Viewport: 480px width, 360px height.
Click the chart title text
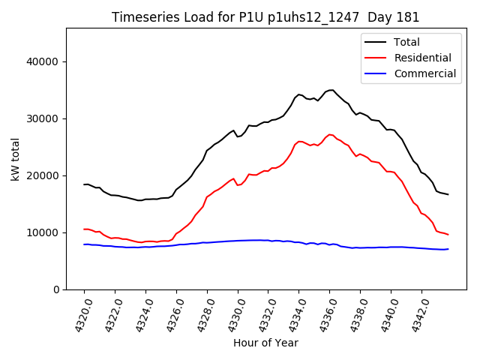265,17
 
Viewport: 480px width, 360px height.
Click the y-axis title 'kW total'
15,159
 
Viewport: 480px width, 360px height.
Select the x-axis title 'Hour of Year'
265,343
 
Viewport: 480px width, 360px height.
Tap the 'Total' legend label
407,42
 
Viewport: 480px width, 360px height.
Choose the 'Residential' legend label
423,58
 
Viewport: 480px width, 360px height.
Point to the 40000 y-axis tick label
44,61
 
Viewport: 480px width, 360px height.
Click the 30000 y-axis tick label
44,118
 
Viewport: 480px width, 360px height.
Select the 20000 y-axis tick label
44,175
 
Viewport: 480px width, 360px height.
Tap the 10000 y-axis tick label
44,232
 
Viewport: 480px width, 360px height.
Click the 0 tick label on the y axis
57,289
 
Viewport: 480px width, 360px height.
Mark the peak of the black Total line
331,90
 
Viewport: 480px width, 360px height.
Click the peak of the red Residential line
330,135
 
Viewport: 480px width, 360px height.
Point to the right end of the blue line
448,249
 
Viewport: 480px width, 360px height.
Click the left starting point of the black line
84,184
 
